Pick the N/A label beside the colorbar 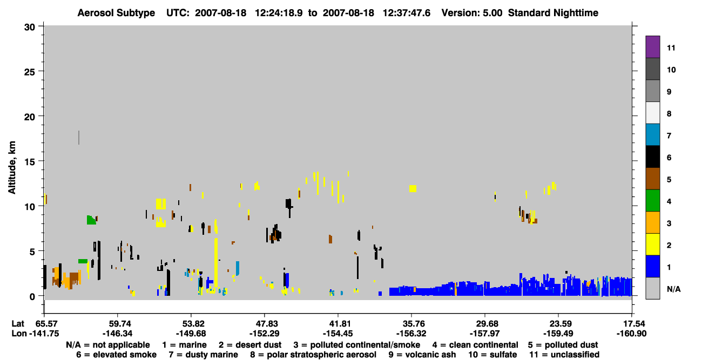tap(673, 289)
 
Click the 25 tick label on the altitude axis tap(30, 72)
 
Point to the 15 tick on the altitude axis tap(40, 161)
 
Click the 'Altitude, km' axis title tap(12, 168)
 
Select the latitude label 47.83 tap(265, 324)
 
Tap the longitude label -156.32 tap(411, 334)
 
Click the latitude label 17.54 tap(632, 324)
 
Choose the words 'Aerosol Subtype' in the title tap(116, 13)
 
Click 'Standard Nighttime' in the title tap(553, 13)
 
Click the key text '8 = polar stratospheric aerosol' tap(313, 355)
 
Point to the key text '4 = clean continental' tap(475, 345)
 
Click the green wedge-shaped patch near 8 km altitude tap(91, 221)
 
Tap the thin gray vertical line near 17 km tap(79, 138)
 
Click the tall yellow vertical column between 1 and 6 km tap(216, 262)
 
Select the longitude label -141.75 tap(44, 334)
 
